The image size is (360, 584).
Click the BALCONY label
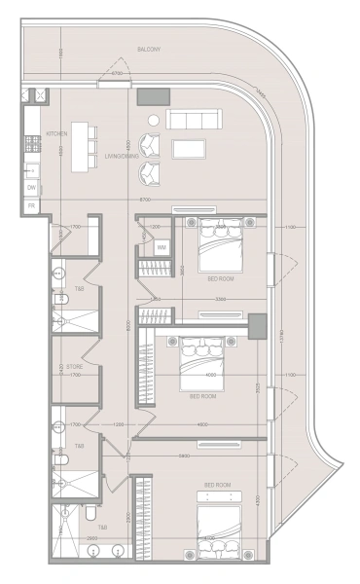point(149,48)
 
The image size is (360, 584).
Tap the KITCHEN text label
point(56,133)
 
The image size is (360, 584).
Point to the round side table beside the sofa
point(153,120)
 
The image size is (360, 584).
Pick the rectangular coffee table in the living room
point(189,149)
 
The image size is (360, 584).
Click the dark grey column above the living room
point(153,96)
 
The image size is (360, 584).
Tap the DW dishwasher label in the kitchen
point(32,188)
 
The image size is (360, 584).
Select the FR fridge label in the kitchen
point(32,206)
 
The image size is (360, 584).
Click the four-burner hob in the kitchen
point(32,142)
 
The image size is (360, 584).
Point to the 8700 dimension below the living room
point(145,200)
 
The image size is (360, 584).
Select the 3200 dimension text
point(221,299)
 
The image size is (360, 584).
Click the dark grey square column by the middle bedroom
point(257,327)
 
